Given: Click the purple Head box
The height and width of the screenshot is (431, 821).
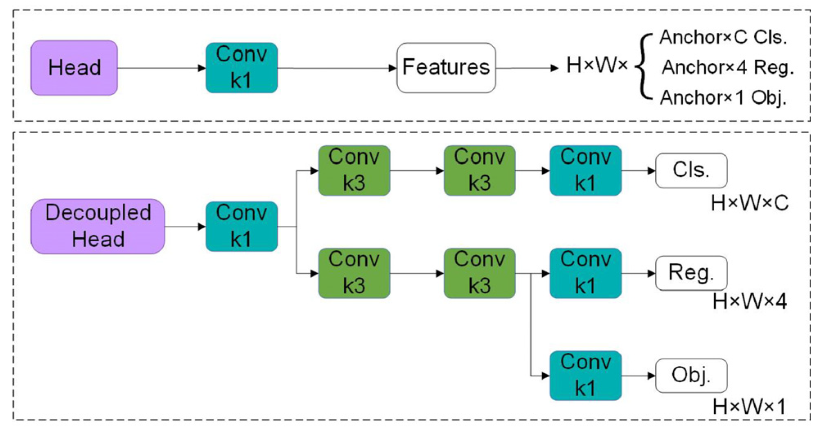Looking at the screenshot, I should (x=74, y=68).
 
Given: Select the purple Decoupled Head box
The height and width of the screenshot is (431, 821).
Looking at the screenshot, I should (x=98, y=226).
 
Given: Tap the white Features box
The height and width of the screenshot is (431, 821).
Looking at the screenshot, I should (x=446, y=68).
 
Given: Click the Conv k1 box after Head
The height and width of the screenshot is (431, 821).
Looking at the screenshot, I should (x=241, y=68).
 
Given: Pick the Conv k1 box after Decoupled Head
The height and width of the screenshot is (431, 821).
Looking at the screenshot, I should (x=241, y=226).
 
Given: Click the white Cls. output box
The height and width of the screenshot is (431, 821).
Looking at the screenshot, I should (x=691, y=170).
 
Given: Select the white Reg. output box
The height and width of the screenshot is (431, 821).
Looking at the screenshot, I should (x=691, y=273).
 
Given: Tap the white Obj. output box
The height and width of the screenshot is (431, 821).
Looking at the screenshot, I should (x=691, y=375).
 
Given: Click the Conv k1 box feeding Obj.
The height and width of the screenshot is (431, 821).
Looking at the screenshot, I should (x=585, y=375).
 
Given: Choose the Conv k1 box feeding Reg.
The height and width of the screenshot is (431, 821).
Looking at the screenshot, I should (x=585, y=273).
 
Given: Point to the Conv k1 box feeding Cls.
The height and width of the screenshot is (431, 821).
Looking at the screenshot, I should (x=585, y=170).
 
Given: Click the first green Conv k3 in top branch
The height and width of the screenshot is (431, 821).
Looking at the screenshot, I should (x=354, y=170).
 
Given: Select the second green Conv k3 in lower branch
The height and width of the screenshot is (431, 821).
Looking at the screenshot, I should (x=479, y=273).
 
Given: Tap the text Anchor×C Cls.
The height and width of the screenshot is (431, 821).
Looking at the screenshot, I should (x=723, y=38).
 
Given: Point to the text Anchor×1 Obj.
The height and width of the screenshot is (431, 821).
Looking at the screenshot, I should (x=723, y=98).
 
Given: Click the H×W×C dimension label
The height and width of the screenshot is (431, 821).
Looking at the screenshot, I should (x=749, y=203).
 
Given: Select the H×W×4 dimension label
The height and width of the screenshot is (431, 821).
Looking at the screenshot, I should (x=749, y=302).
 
